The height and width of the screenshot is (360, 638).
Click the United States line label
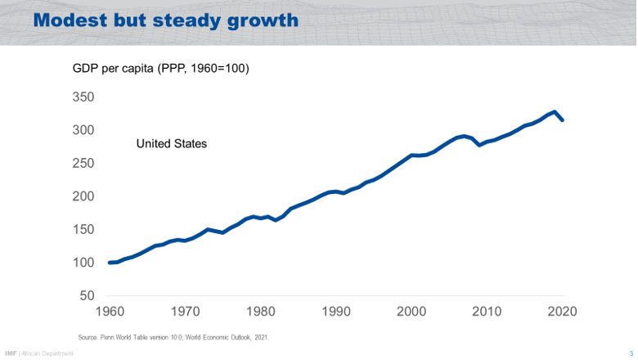tap(171, 144)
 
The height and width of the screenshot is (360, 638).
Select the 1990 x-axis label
tap(337, 312)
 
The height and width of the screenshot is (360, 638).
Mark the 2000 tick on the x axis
tap(412, 312)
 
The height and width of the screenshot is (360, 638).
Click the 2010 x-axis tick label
tap(487, 312)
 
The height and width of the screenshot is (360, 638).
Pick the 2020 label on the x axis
tap(563, 312)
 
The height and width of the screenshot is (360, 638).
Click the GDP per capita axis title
tap(161, 69)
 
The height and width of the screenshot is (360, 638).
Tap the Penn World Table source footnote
tap(173, 337)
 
